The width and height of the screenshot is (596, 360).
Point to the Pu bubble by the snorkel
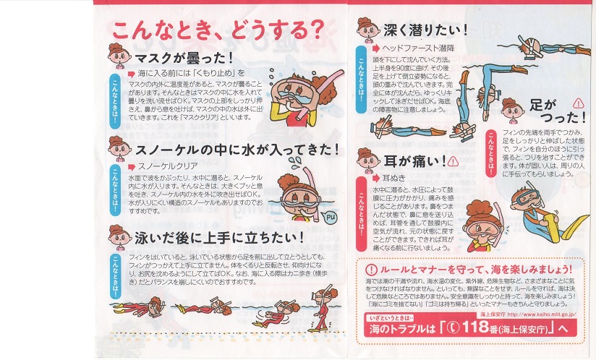click(x=329, y=216)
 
